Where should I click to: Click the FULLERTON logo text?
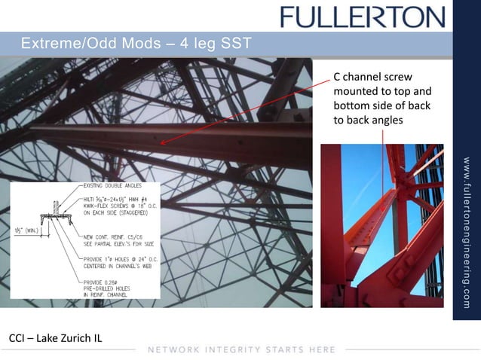tap(363, 17)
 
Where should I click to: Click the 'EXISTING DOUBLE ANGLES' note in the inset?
tap(113, 185)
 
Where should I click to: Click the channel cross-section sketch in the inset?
tap(60, 214)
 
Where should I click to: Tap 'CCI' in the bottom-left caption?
tap(17, 337)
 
